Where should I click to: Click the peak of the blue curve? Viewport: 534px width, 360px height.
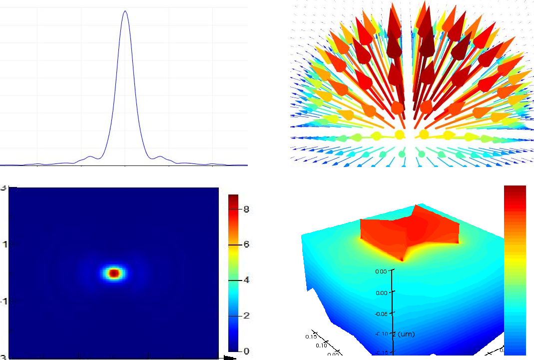click(x=125, y=11)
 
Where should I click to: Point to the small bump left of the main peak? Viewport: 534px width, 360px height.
click(x=90, y=156)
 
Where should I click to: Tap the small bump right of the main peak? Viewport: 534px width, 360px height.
click(x=160, y=156)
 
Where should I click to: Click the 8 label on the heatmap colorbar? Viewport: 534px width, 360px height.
click(x=246, y=210)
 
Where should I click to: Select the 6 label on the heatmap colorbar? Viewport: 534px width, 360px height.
click(x=246, y=244)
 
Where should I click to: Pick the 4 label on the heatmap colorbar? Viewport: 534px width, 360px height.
click(x=246, y=280)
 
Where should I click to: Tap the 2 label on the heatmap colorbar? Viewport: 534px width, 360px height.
click(x=246, y=315)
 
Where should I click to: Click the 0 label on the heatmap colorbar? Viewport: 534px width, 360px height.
click(x=246, y=351)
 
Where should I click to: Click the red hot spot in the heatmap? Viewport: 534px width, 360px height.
click(x=114, y=273)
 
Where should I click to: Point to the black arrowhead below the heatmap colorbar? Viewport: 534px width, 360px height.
click(x=230, y=357)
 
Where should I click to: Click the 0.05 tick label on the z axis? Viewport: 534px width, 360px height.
click(x=381, y=271)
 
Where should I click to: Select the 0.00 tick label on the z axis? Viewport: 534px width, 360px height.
click(x=381, y=292)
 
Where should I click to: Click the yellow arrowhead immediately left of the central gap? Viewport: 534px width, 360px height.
click(x=399, y=134)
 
